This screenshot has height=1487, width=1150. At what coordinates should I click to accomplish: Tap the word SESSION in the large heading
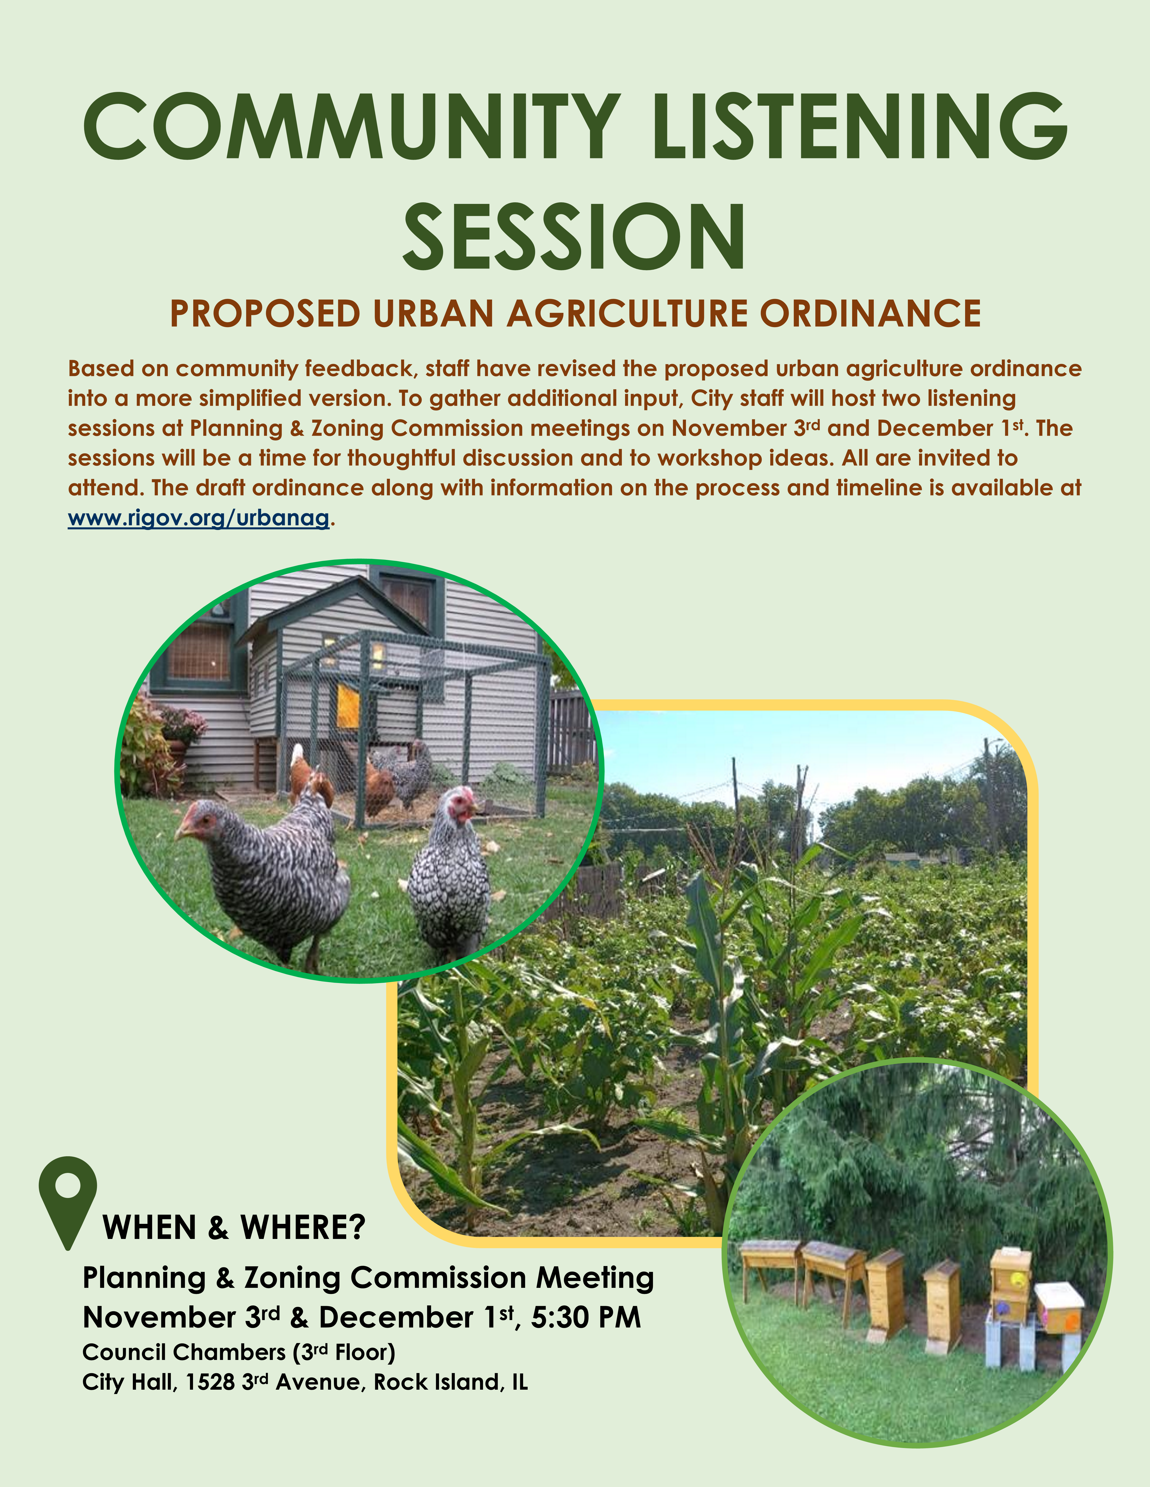tap(574, 236)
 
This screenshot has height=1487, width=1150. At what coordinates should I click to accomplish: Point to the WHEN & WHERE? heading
tap(234, 1228)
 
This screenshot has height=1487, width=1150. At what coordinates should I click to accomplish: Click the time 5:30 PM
tap(586, 1318)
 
